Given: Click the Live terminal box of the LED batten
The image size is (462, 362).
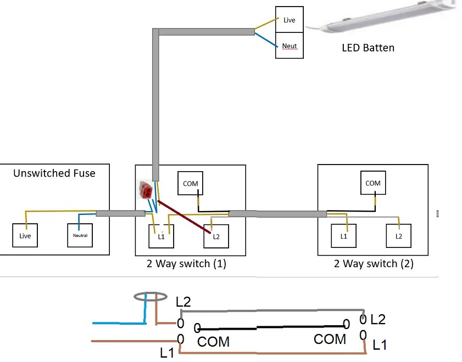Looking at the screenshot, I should click(289, 20).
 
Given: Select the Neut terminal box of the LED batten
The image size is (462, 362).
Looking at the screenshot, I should click(289, 46).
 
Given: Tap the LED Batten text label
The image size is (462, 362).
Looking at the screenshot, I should click(368, 48).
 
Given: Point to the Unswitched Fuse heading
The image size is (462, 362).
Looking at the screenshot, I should click(54, 173).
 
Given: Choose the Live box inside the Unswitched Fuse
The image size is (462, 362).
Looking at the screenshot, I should click(25, 235).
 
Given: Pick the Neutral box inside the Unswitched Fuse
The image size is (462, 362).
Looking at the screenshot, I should click(80, 235).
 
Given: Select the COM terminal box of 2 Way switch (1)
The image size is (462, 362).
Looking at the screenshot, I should click(190, 183).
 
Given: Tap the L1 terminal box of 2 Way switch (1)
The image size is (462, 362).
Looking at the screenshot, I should click(162, 236).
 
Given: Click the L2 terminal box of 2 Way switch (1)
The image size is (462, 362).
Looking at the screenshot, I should click(215, 236).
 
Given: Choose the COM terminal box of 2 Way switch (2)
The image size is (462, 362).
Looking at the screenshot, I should click(372, 183).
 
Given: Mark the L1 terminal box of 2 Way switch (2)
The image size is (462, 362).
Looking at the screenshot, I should click(344, 236).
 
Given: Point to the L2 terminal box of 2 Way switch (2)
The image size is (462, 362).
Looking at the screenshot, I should click(398, 236).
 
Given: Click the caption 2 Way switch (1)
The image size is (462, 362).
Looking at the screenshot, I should click(186, 264).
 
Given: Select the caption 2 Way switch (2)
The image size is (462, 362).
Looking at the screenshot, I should click(374, 264).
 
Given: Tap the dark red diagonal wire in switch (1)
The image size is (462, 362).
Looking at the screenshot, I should click(183, 218).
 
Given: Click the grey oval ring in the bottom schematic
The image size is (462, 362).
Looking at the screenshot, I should click(150, 297).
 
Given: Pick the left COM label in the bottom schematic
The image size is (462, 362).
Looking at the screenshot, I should click(213, 342).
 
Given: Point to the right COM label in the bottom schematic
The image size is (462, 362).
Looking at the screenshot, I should click(330, 340).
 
